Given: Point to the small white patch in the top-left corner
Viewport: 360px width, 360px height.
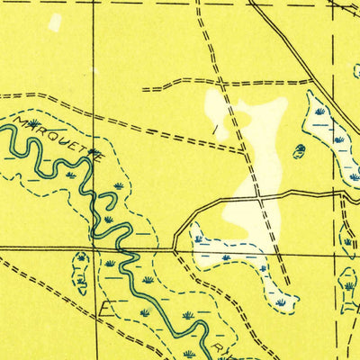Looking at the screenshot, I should click(x=55, y=22).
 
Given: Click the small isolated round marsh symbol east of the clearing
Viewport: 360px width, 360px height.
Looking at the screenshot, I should click(x=299, y=150).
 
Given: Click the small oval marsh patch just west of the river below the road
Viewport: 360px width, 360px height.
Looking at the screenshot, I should click(x=81, y=272).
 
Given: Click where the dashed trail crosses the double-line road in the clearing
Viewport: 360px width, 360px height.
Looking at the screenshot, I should click(x=259, y=195).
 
